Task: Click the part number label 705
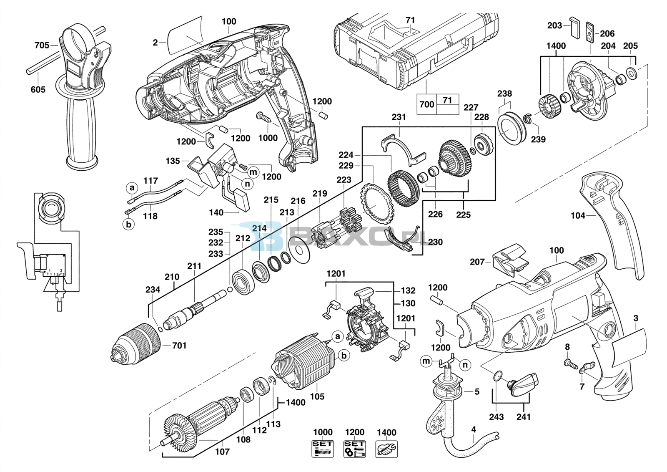42,45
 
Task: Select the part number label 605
38,89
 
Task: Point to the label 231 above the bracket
399,117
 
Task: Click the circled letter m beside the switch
253,172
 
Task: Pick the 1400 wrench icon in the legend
386,449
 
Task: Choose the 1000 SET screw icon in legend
323,449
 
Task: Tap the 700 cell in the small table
427,104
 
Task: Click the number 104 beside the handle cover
578,215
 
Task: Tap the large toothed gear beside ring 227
455,159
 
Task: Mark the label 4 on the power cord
474,430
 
